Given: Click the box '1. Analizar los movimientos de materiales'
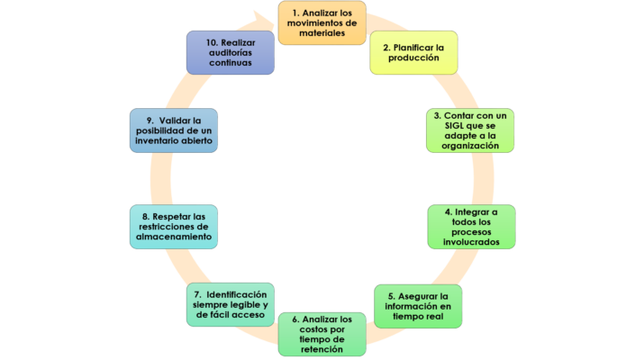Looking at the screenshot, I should [322, 22].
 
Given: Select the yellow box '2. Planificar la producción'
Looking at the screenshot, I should [413, 52].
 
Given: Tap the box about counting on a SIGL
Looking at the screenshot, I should [469, 130].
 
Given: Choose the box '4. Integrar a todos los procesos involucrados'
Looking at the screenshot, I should [469, 227].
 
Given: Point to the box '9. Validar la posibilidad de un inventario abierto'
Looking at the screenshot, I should [175, 130].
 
